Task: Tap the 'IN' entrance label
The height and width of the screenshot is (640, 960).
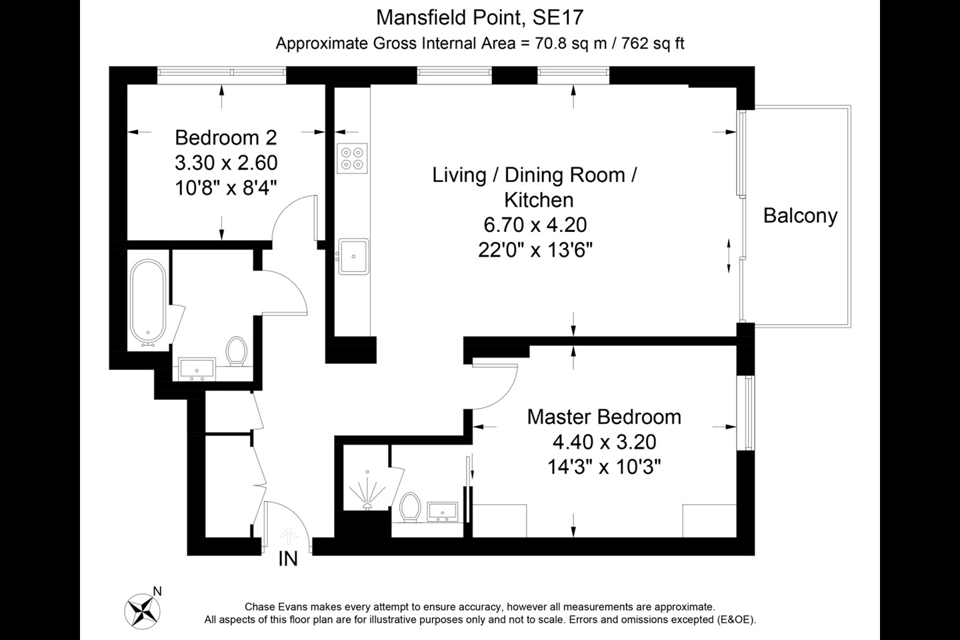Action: coord(288,559)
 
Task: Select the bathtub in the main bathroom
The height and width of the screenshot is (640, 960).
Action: coord(147,303)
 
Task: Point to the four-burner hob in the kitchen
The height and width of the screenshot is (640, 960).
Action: coord(353,158)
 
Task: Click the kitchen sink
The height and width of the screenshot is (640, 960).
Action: coord(353,256)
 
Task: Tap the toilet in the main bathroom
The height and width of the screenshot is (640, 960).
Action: coord(235,351)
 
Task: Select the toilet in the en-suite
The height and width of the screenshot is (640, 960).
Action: coord(409,507)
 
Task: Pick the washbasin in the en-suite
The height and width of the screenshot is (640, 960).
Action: coord(441,512)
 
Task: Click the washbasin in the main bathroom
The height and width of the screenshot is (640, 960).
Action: coord(197,369)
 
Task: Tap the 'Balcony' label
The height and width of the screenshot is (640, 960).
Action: coord(800,216)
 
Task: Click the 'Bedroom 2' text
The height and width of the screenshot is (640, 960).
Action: coord(225,137)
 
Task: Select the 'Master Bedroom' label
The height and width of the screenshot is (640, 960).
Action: coord(604,417)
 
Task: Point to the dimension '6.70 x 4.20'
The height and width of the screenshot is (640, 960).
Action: coord(535,225)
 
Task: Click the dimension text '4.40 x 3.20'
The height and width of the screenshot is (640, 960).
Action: coord(604,441)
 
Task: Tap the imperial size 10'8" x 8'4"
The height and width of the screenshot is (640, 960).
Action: coord(225,187)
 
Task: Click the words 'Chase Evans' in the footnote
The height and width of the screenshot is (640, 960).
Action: coord(273,607)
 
